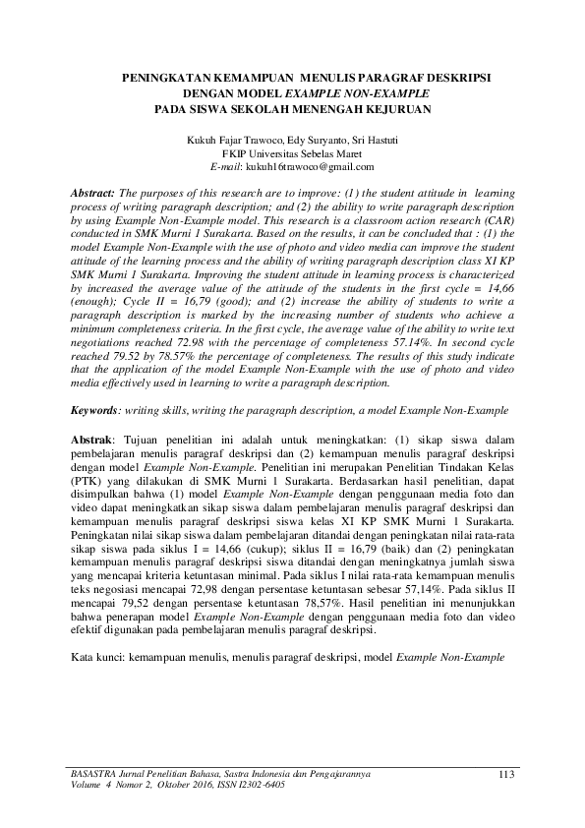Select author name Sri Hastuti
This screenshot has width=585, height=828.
click(378, 141)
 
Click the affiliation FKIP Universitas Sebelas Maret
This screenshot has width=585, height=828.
click(292, 154)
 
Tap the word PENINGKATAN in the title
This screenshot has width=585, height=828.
click(169, 75)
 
